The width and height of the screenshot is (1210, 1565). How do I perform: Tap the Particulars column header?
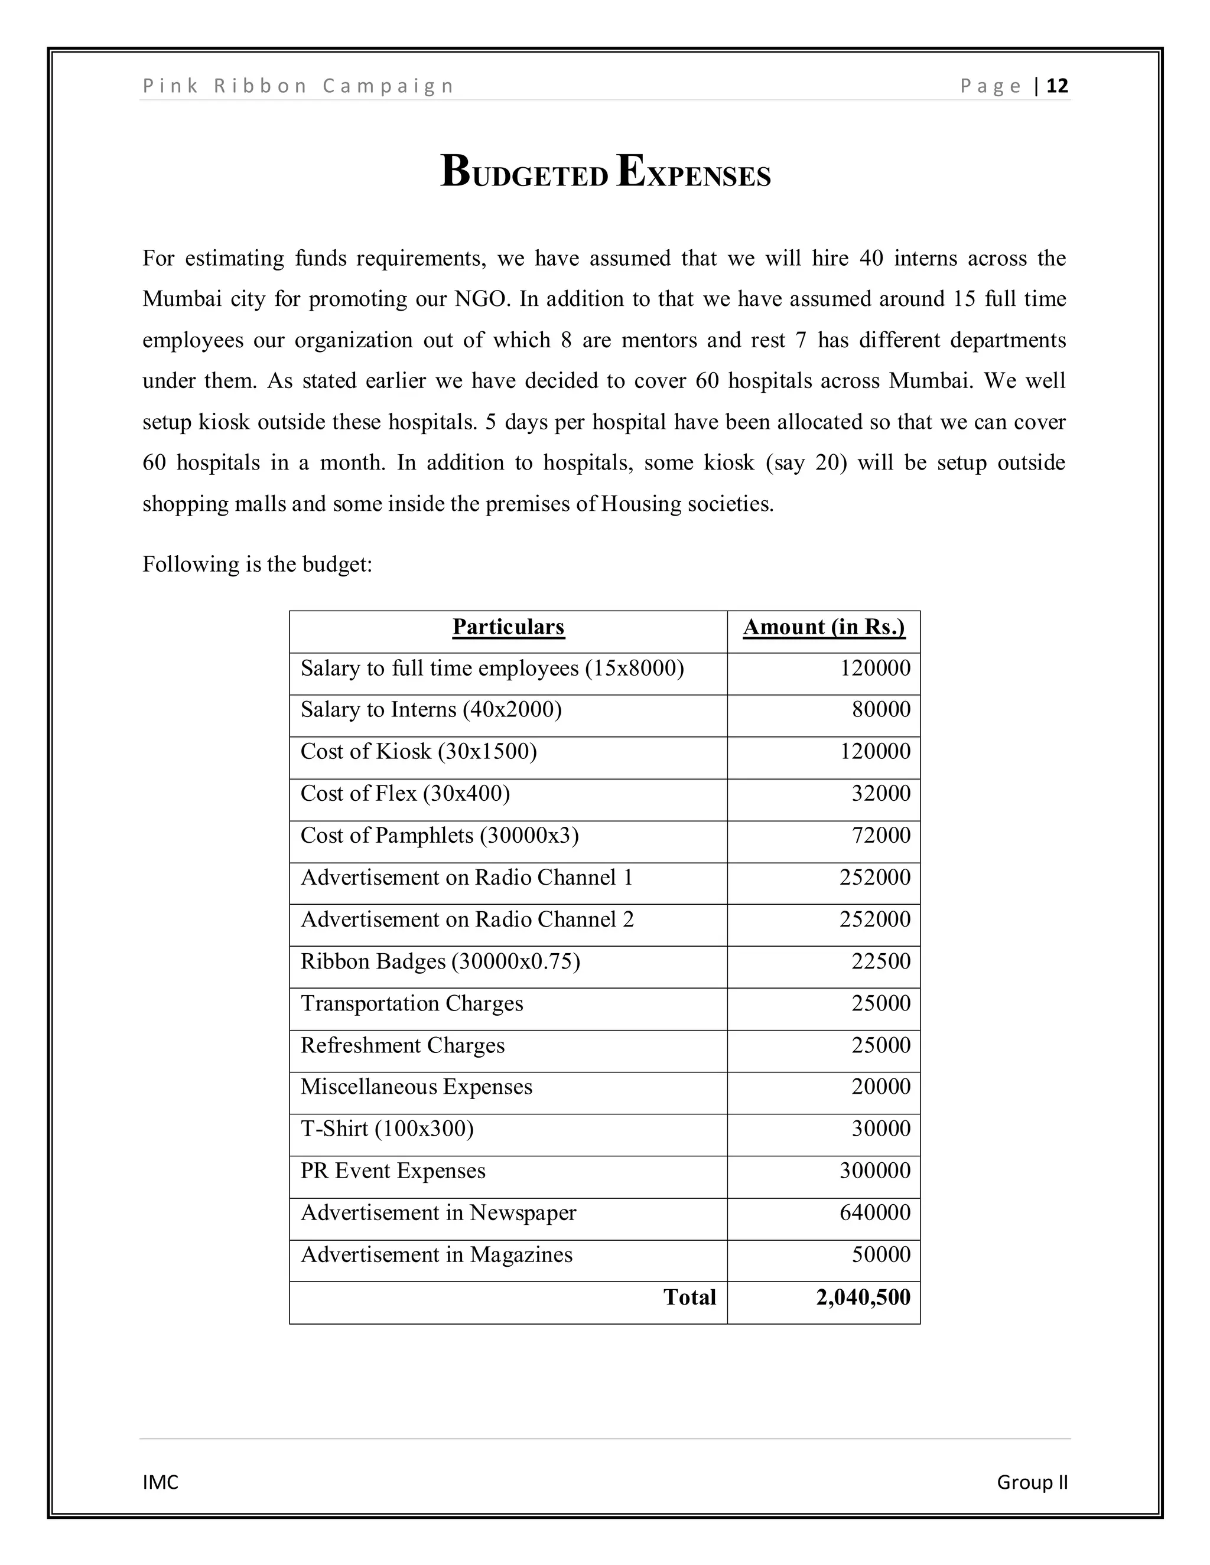click(x=508, y=627)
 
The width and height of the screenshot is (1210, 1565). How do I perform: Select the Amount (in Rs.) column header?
click(x=824, y=627)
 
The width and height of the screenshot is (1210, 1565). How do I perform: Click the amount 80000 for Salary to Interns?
click(x=881, y=709)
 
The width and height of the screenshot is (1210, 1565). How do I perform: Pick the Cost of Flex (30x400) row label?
click(x=405, y=793)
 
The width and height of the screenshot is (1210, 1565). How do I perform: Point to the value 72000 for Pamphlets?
click(x=881, y=836)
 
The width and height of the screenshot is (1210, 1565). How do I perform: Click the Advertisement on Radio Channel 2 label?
click(x=467, y=920)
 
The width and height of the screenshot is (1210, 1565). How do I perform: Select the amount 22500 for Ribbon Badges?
click(x=881, y=961)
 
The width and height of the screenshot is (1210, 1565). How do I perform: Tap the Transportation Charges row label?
click(x=411, y=1003)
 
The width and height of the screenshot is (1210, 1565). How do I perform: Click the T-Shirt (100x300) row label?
click(x=387, y=1129)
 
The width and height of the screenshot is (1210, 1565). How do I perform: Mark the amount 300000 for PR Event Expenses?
click(x=875, y=1171)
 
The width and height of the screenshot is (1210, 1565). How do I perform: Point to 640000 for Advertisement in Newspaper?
click(x=875, y=1212)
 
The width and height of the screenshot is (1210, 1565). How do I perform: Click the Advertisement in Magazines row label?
click(x=437, y=1255)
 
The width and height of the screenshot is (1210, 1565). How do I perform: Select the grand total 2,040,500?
click(x=863, y=1297)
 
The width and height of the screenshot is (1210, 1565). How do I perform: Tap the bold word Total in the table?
click(x=689, y=1297)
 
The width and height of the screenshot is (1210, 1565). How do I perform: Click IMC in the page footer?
click(x=161, y=1482)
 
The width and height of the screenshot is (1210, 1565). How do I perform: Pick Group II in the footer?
click(x=1032, y=1482)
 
